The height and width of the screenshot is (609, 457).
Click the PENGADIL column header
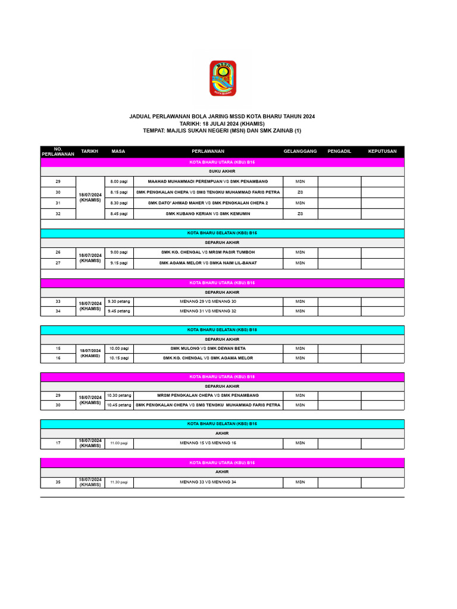point(339,151)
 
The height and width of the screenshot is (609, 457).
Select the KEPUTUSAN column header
point(382,151)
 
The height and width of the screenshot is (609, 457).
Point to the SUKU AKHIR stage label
point(222,171)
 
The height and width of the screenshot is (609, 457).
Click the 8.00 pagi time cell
point(119,181)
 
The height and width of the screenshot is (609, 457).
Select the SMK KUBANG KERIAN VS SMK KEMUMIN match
point(208,213)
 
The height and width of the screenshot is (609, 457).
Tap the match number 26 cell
point(58,252)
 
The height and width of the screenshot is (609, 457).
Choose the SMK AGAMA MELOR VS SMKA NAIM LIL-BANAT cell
point(208,262)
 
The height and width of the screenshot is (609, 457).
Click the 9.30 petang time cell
point(119,301)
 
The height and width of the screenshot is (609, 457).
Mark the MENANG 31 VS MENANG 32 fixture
point(208,311)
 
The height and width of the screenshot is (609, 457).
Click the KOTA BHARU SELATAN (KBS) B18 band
point(222,329)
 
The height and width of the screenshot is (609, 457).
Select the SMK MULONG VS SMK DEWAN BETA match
point(208,348)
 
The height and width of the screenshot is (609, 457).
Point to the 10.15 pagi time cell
point(119,358)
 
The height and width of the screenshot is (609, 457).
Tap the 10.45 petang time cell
point(119,405)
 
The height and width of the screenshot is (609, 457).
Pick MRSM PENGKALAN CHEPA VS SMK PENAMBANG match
point(208,395)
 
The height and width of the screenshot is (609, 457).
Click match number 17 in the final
point(58,442)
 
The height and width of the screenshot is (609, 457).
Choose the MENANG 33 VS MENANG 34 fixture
point(208,482)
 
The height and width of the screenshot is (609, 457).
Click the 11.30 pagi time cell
point(119,482)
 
